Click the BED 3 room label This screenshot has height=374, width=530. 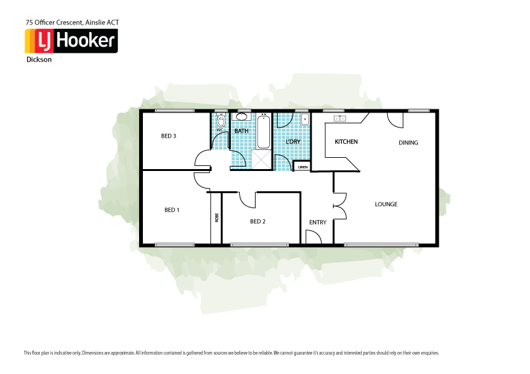[168, 136]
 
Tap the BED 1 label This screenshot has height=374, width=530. [172, 210]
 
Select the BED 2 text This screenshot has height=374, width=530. [257, 221]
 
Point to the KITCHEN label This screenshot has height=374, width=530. [346, 142]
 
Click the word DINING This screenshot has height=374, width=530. [408, 143]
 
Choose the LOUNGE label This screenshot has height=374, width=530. [386, 204]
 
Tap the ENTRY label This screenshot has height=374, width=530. [318, 223]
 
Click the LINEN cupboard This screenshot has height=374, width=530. [303, 167]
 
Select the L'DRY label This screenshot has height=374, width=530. [293, 142]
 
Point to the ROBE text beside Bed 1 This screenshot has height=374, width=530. [217, 217]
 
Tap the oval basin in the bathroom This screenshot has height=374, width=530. [241, 118]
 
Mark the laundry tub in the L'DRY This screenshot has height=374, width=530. [305, 119]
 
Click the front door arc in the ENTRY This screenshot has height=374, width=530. [313, 236]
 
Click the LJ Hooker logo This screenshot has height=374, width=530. [70, 41]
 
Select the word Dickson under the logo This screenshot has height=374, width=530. [39, 60]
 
